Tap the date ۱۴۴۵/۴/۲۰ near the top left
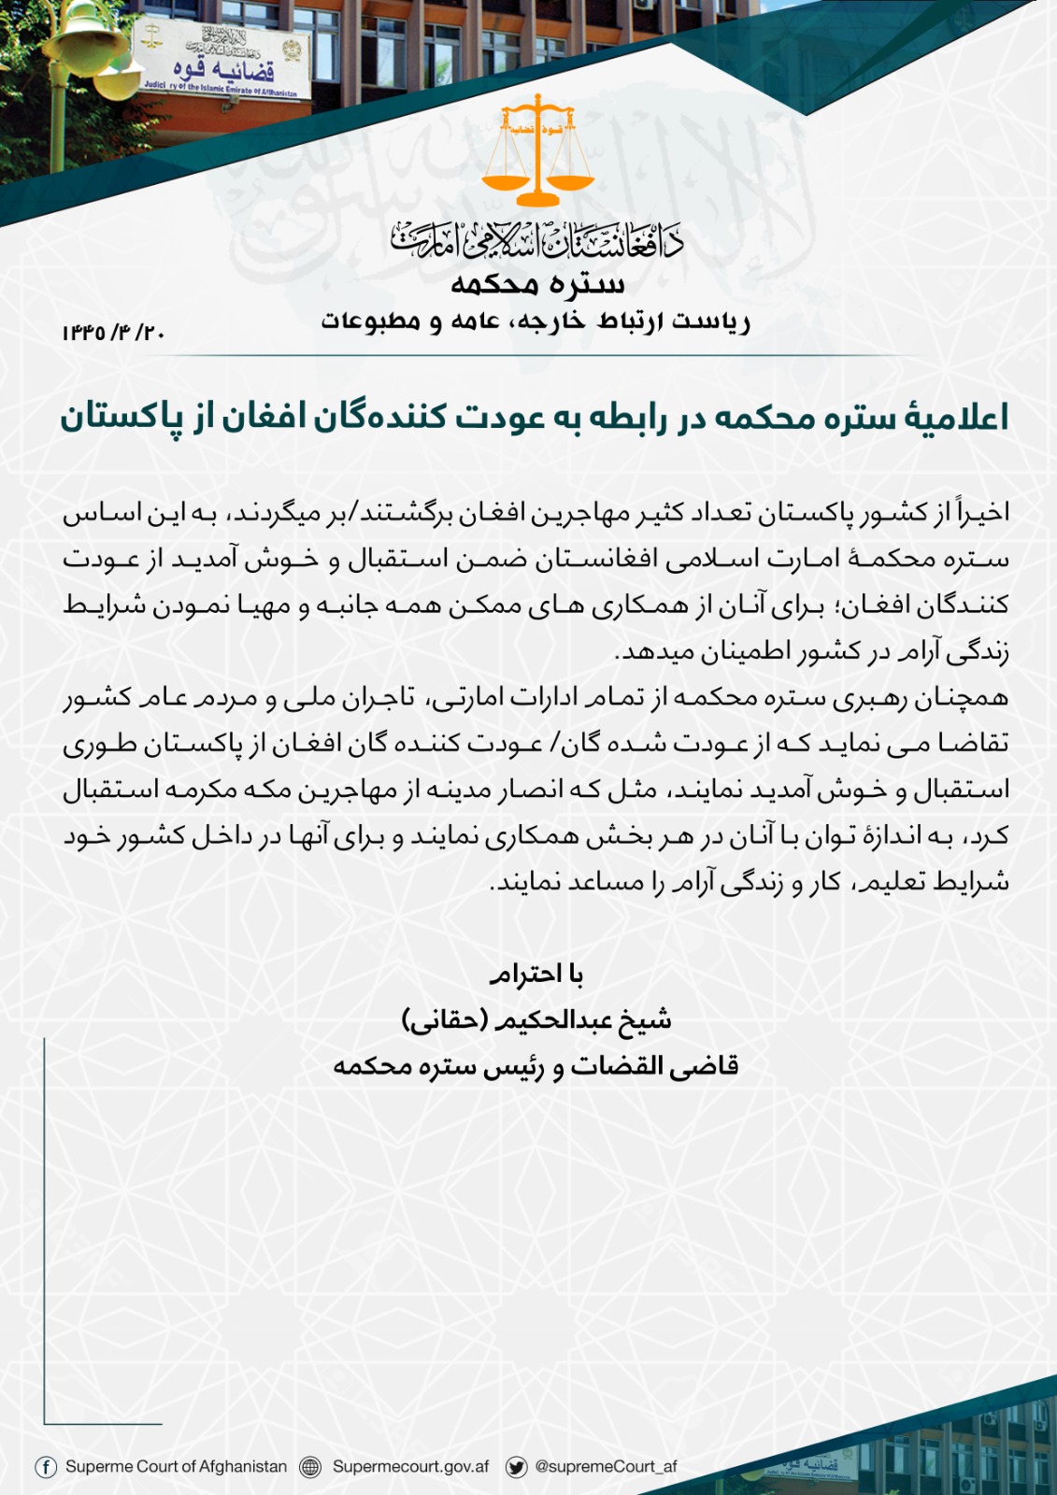(x=113, y=333)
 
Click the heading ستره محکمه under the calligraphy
(x=537, y=283)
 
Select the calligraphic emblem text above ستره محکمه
(x=537, y=240)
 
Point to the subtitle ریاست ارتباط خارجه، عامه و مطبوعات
(x=536, y=321)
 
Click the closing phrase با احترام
(x=536, y=975)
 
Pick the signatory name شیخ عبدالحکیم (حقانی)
(x=536, y=1019)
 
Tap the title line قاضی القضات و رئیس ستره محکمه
(x=536, y=1065)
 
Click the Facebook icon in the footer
(x=45, y=1467)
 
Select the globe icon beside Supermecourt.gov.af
(x=310, y=1467)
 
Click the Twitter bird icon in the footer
(x=516, y=1467)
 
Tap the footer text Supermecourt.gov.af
(x=410, y=1467)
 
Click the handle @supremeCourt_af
(x=606, y=1467)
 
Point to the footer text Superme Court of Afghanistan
(x=176, y=1467)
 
